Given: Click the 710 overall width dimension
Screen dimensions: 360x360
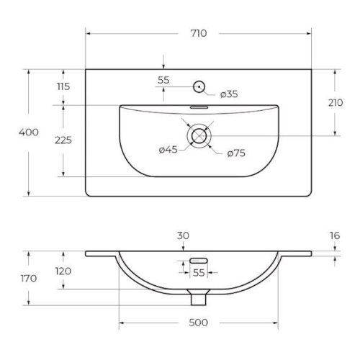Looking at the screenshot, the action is [x=199, y=33].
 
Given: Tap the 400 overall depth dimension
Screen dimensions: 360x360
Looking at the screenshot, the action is [x=29, y=132].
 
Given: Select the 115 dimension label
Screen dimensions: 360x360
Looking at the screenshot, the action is [x=63, y=86].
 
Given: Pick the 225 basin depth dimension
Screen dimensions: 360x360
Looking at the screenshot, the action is [x=63, y=140].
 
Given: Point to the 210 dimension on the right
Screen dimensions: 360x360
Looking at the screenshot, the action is [x=336, y=103].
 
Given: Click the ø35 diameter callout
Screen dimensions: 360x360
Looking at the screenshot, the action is [x=229, y=94].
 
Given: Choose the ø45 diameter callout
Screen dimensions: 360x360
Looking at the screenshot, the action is [x=168, y=150].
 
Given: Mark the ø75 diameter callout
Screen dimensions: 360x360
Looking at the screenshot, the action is [x=236, y=153].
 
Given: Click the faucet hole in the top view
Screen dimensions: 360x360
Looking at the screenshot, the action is [x=199, y=86].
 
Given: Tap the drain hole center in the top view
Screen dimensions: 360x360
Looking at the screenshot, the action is [x=199, y=136].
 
